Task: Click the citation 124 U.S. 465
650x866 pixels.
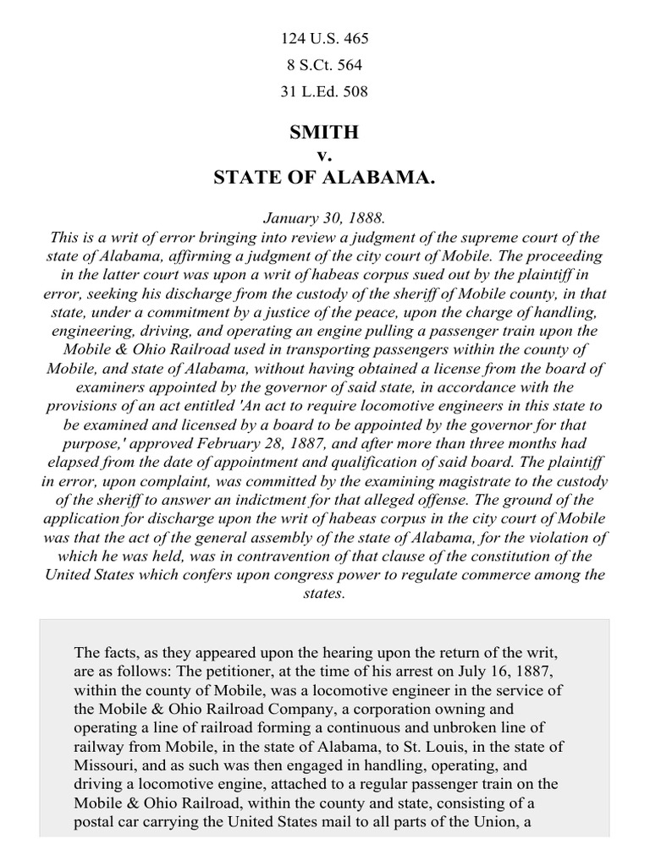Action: (325, 39)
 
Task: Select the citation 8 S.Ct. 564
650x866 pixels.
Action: (325, 65)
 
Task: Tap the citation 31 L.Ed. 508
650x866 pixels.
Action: (325, 91)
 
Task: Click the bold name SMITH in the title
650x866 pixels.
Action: (324, 132)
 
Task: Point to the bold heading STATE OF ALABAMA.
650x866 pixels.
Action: (324, 178)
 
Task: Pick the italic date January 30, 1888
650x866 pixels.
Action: (324, 218)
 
